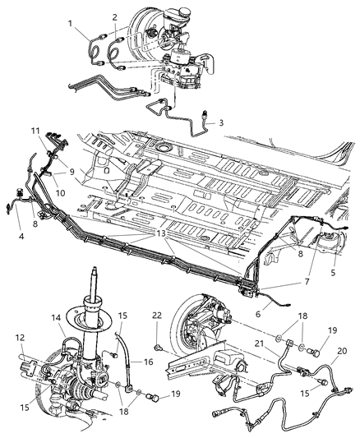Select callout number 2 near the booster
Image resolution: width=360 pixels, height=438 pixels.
point(115,16)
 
